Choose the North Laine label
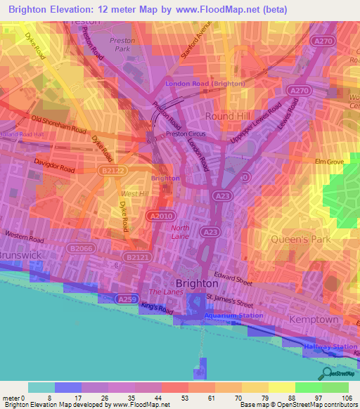point(181,233)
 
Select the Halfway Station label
point(330,347)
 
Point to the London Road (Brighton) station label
point(205,84)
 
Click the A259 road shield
point(127,300)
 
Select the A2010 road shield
point(158,215)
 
